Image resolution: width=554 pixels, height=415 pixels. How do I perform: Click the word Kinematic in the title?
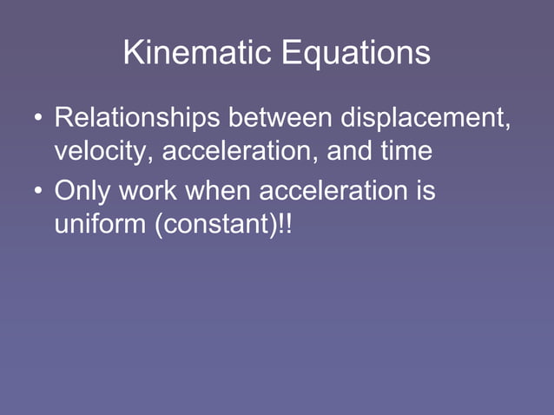196,54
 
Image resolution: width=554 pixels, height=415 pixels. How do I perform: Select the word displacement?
420,116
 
